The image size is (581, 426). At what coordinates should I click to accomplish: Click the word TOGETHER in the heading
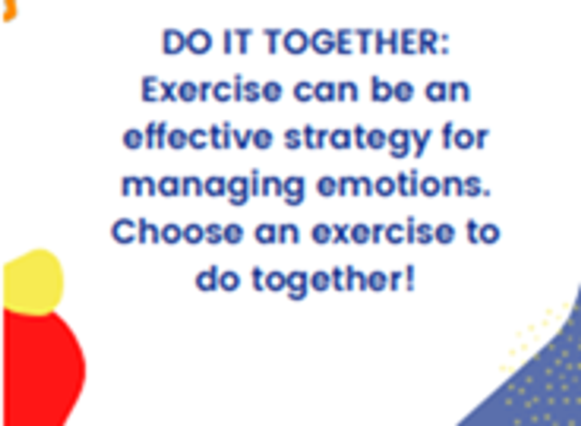point(358,42)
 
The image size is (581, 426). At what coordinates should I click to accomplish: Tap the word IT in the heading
point(237,42)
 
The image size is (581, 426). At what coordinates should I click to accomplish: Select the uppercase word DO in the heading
point(187,42)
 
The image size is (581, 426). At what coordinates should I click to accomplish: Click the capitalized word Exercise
point(212,90)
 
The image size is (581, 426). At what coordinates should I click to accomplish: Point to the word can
point(326,91)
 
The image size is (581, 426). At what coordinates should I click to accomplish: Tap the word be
point(392,90)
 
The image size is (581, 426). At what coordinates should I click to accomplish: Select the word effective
point(198,137)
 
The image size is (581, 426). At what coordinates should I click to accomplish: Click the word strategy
point(356,140)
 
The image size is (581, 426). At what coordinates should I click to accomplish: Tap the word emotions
point(403,183)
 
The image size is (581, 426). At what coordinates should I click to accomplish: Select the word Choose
point(177,231)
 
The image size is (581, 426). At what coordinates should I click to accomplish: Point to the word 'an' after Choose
point(277,233)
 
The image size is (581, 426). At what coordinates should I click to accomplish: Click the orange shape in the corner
point(9,10)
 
